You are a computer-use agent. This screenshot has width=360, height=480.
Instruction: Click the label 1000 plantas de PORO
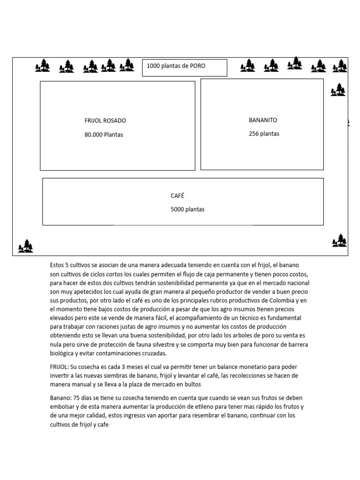coord(176,66)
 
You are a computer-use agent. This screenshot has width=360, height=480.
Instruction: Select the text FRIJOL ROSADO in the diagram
coord(105,121)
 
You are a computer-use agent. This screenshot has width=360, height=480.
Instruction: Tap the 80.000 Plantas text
coord(104,135)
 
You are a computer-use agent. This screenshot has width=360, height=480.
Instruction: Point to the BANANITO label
coord(263,120)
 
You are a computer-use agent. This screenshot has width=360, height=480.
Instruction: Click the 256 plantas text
coord(264,134)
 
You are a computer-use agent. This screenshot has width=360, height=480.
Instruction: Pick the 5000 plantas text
coord(187,210)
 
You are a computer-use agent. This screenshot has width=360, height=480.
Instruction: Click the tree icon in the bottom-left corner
coord(26,246)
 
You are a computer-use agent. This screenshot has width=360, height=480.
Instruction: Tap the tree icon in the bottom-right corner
coord(339,240)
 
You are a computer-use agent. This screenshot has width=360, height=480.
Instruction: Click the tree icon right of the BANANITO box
coord(338,90)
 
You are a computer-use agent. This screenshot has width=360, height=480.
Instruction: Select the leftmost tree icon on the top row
coord(43,66)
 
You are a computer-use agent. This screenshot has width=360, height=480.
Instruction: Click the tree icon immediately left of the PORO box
coord(127,65)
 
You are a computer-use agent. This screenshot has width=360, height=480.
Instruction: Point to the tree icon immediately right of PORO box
coord(247,66)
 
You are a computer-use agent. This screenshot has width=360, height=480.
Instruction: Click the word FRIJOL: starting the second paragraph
coord(59,367)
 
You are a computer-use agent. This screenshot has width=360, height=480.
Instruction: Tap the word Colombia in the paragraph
coord(281,300)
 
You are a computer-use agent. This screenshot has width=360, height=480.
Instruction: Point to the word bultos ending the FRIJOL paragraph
coord(192,384)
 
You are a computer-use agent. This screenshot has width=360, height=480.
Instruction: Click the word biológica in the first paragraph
coord(63,353)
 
